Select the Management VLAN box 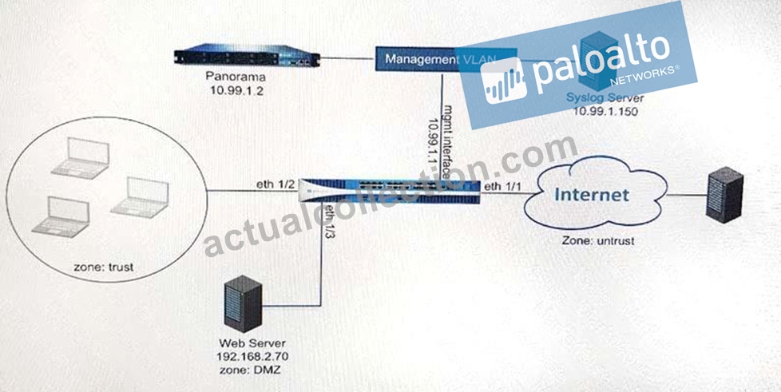coord(446,60)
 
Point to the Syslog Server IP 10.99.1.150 coord(605,111)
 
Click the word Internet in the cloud coord(591,194)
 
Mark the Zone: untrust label coord(597,240)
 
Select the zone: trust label coord(104,267)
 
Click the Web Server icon coord(243,303)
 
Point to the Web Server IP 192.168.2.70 coord(252,357)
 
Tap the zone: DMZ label coord(247,371)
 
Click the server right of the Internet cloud coord(725,195)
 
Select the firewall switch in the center coord(390,191)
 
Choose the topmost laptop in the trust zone coord(81,159)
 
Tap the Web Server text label coord(252,343)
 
